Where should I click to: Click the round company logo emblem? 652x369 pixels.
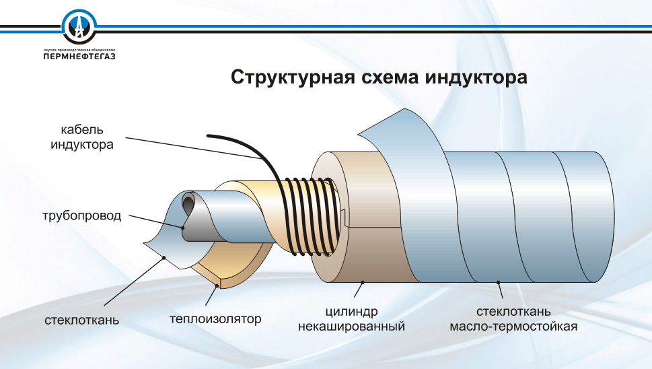pyautogui.click(x=80, y=27)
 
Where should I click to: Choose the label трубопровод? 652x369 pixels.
pyautogui.click(x=81, y=216)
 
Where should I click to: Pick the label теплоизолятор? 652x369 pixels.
pyautogui.click(x=215, y=318)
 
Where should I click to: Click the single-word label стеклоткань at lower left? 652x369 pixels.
pyautogui.click(x=83, y=318)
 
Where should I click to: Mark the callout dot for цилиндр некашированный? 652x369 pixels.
pyautogui.click(x=363, y=281)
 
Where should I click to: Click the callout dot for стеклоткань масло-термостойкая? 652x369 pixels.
pyautogui.click(x=498, y=282)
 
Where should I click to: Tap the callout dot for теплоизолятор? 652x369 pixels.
pyautogui.click(x=216, y=286)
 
